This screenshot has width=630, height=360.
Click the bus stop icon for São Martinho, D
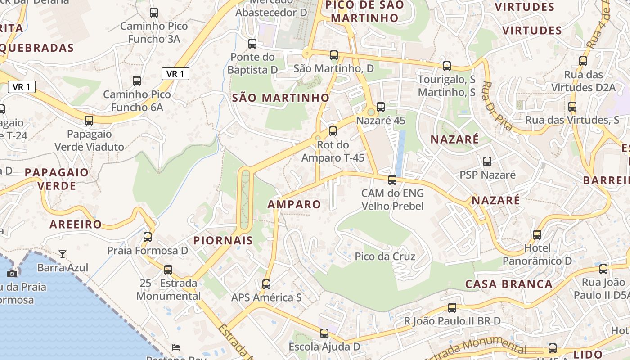coord(334,55)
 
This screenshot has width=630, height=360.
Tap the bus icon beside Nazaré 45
coord(381,107)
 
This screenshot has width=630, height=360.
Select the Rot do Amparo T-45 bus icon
coord(333,131)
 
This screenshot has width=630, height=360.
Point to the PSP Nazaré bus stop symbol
coord(487,162)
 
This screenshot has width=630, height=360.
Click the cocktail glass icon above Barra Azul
coord(63,254)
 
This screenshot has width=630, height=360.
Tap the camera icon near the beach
coord(13,274)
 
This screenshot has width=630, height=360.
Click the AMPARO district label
coord(294,204)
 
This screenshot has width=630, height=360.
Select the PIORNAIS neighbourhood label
coord(223,240)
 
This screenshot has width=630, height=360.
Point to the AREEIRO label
coord(76,225)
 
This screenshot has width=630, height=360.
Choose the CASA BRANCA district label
coord(509,284)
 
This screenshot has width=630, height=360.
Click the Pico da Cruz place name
coord(385,256)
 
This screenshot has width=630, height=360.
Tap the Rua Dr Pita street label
coord(497,106)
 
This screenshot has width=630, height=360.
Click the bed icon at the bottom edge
coord(176,347)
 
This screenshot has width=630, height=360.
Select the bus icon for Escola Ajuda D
coord(324,333)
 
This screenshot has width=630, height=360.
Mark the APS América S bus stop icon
coord(266,284)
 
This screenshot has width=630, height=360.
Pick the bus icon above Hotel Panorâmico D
coord(537,234)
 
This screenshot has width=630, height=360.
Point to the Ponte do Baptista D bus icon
coord(252,44)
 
